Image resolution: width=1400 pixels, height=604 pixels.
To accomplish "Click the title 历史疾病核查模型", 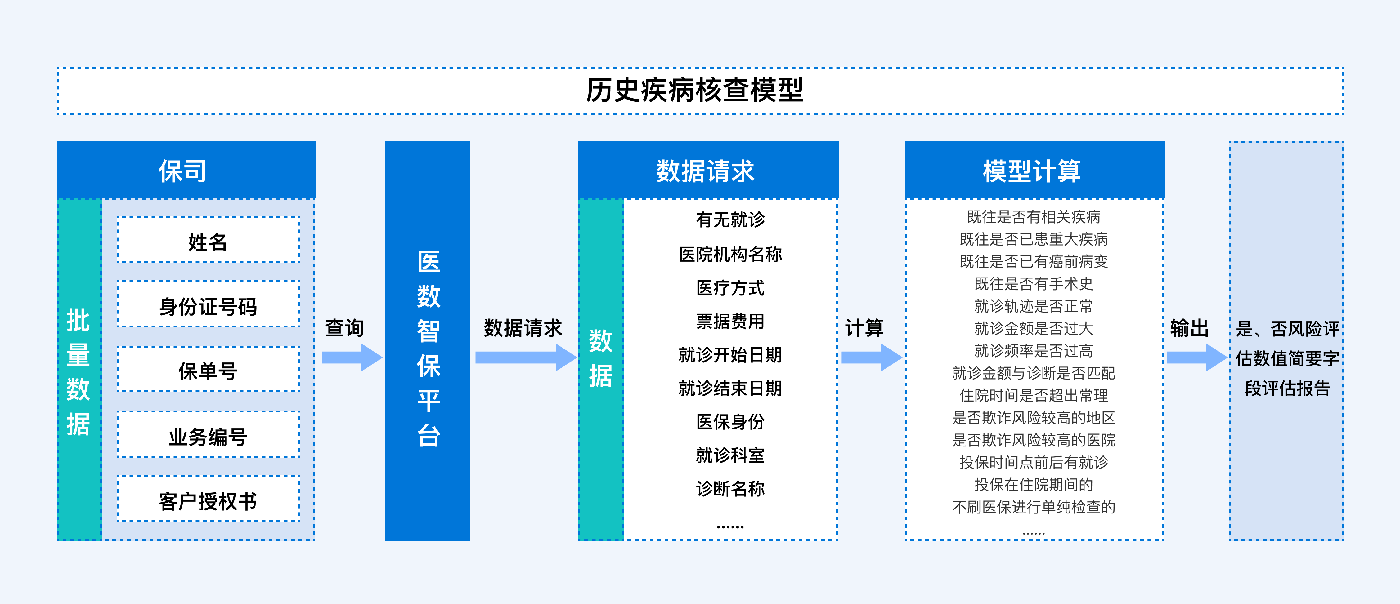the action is click(x=694, y=90).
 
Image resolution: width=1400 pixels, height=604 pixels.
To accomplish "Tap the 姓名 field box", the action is click(x=208, y=240).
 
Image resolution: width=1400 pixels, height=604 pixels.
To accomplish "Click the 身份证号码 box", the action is click(x=208, y=304).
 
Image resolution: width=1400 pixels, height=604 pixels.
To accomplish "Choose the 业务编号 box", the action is click(x=208, y=434).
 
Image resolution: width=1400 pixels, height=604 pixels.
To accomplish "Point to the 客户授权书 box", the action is click(x=208, y=499).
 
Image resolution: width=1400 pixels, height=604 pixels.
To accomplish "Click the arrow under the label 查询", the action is click(x=352, y=358).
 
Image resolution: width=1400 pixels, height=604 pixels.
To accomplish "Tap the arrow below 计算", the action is click(x=872, y=358).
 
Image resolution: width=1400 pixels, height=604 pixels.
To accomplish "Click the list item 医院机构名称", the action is click(x=730, y=254).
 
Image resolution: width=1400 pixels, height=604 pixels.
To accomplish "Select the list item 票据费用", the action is click(x=730, y=322).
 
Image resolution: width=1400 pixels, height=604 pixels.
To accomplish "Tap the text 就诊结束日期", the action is click(x=730, y=389).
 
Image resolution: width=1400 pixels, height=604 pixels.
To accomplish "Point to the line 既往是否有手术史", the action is click(x=1034, y=283).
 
